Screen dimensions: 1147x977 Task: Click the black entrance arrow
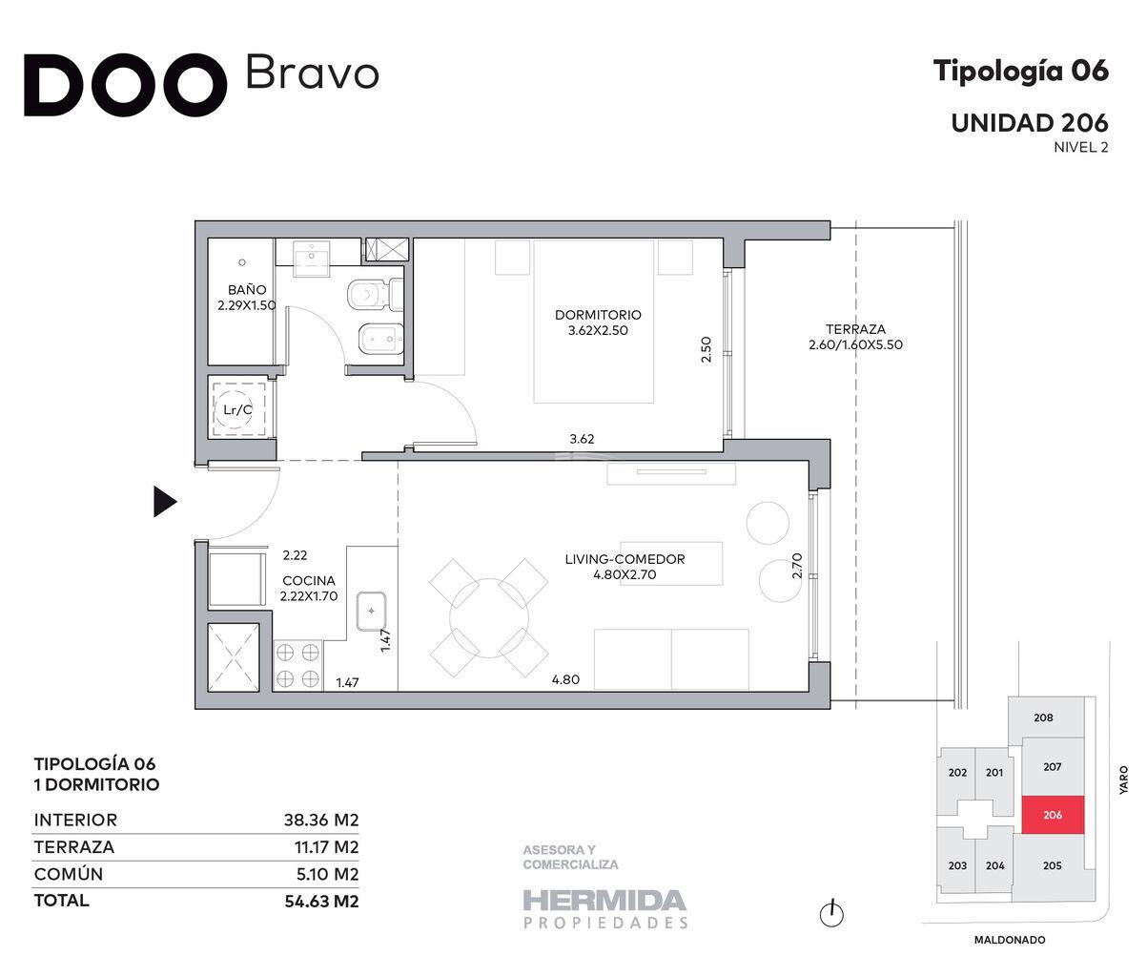coord(165,502)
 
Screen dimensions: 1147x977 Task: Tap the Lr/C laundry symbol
coord(237,410)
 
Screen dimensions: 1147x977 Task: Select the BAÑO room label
coord(247,289)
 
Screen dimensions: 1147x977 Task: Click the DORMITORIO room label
coord(598,315)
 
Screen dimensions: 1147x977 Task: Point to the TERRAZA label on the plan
coord(855,329)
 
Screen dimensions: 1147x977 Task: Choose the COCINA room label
coord(309,580)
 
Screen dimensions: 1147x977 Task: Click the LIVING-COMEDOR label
coord(625,559)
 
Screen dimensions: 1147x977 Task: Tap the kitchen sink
coord(371,611)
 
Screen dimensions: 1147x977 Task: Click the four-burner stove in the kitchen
coord(298,665)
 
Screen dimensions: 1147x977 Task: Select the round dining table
coord(489,617)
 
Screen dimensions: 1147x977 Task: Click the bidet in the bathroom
coord(381,338)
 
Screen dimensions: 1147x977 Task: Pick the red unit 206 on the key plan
coord(1053,815)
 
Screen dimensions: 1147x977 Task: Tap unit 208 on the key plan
coord(1043,717)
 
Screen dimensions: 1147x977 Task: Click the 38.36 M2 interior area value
coord(321,820)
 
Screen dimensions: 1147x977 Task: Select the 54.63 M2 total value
coord(322,901)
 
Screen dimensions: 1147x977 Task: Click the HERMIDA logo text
coord(604,901)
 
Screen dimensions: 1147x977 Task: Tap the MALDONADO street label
coord(1010,940)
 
